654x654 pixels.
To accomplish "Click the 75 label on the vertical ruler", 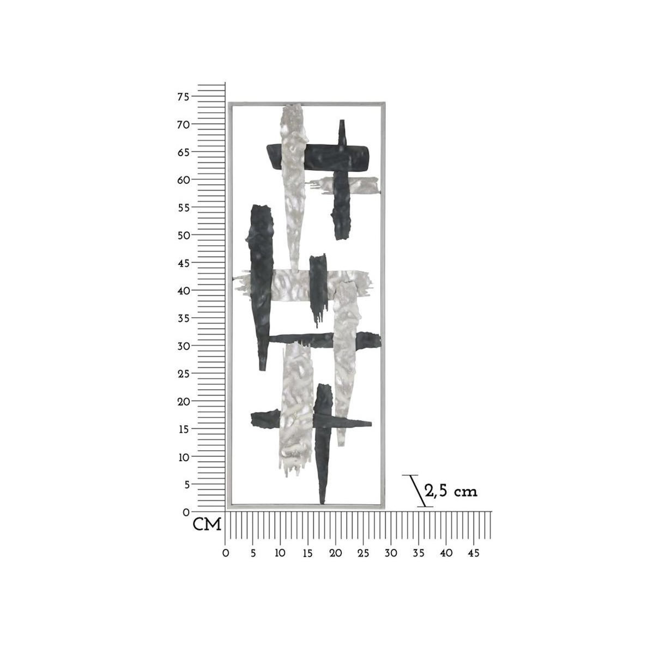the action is coord(183,96).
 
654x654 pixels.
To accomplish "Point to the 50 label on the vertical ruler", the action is coord(183,235).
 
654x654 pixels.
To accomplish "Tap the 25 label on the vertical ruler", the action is coord(183,374).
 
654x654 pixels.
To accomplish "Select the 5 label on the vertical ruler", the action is coord(186,485).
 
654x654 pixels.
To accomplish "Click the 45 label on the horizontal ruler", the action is coord(474,553).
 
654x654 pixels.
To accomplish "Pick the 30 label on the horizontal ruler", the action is coord(391,553).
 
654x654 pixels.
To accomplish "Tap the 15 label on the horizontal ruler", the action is coord(307,553).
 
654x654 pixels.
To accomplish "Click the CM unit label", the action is coord(207,525).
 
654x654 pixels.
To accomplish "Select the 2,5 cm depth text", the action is coord(451,491).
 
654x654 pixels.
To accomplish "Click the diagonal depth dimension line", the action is coord(418,491).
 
